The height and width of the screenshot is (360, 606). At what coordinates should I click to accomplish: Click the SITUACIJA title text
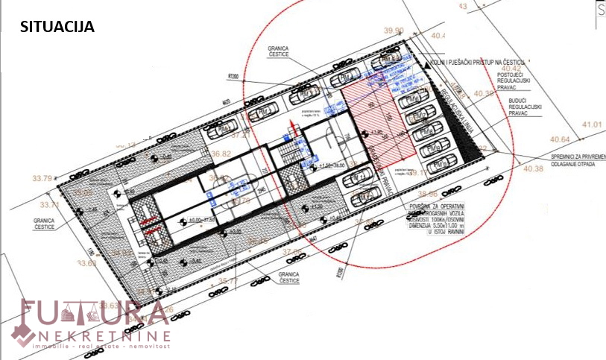tap(57, 28)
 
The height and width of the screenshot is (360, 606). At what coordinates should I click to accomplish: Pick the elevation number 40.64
tap(561, 139)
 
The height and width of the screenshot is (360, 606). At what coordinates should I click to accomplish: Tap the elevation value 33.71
tap(49, 204)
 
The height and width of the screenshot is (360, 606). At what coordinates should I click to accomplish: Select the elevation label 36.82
tap(222, 154)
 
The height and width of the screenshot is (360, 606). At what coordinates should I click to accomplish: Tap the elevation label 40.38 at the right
tap(534, 168)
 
